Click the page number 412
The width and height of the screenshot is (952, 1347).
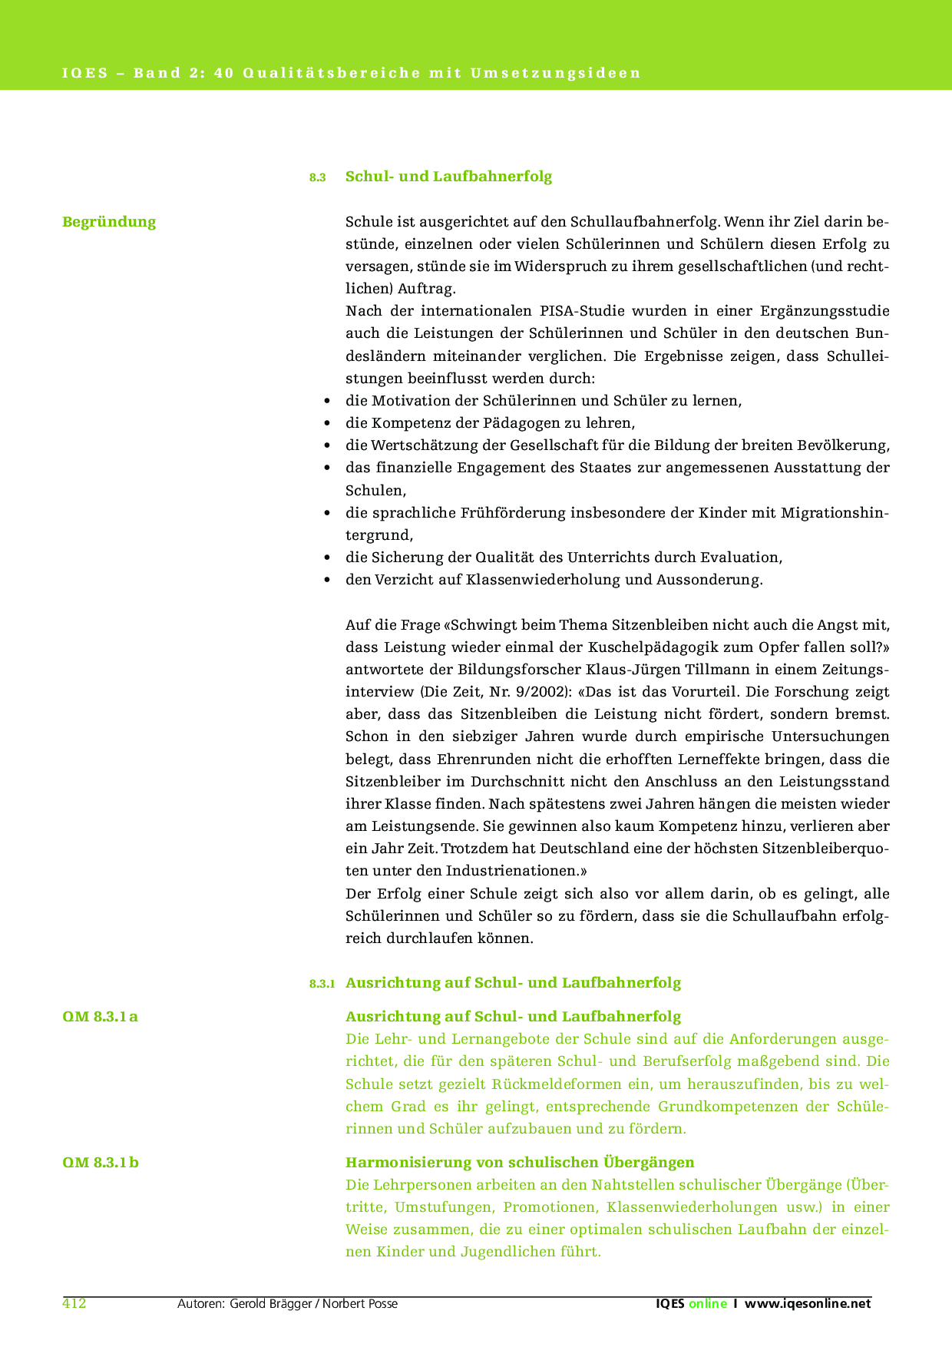coord(74,1303)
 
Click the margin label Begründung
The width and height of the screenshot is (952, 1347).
coord(109,222)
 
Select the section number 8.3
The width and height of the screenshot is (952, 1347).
coord(318,177)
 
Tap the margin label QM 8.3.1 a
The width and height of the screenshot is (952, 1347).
coord(100,1017)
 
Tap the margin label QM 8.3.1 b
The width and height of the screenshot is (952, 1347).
coord(101,1162)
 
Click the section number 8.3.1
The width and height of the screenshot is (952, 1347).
coord(322,984)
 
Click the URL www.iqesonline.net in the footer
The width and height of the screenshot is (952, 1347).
coord(808,1303)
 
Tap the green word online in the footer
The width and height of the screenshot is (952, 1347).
coord(707,1303)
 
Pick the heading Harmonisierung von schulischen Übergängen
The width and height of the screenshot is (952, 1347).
coord(520,1162)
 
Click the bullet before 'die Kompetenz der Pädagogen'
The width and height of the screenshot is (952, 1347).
coord(328,423)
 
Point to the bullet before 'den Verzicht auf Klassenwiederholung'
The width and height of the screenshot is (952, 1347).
coord(328,580)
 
